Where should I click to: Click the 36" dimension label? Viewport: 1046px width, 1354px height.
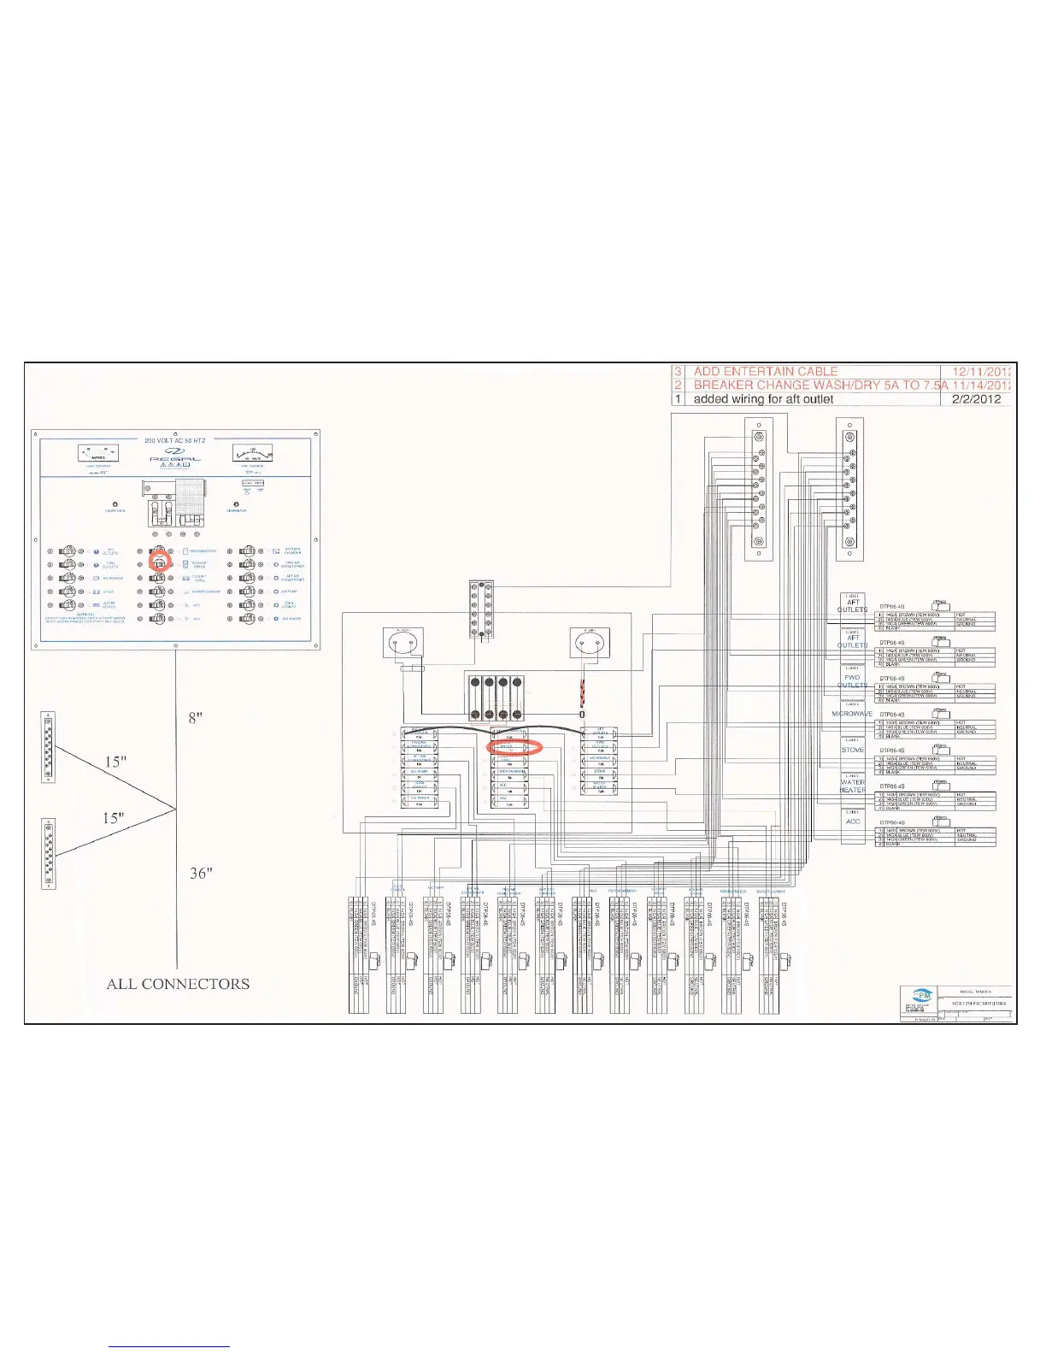(201, 873)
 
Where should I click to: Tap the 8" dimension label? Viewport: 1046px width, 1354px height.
(196, 717)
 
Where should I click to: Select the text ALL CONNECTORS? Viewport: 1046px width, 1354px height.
(178, 984)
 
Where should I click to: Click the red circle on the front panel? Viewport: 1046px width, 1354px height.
(160, 562)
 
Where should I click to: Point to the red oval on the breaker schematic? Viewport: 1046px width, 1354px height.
(515, 747)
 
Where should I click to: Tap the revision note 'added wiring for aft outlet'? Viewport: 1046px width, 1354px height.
(763, 399)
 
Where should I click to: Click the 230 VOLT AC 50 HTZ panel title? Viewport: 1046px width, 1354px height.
(175, 440)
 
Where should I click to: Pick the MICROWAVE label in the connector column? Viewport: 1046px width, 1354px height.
(852, 714)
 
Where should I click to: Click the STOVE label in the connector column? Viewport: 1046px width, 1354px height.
(853, 750)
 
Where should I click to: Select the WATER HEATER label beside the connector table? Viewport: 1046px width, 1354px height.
(853, 786)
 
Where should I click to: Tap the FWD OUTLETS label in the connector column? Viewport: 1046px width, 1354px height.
(852, 681)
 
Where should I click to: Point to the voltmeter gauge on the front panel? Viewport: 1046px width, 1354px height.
(252, 453)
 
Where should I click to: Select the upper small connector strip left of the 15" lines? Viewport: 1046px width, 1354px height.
(48, 746)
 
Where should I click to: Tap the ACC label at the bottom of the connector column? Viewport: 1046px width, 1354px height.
(853, 821)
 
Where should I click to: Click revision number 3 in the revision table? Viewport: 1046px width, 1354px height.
(679, 372)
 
